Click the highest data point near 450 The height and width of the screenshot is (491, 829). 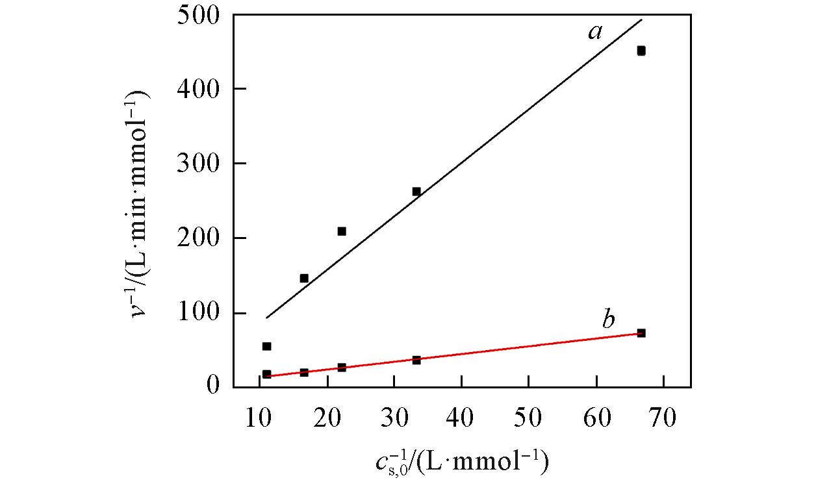click(x=641, y=51)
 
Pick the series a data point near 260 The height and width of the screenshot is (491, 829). click(x=416, y=192)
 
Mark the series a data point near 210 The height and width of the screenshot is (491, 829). click(x=342, y=231)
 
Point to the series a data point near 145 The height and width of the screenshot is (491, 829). click(x=304, y=279)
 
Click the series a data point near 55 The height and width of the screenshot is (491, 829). click(x=266, y=346)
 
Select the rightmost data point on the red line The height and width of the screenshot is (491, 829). click(x=641, y=333)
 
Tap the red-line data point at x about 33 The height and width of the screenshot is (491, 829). click(x=416, y=360)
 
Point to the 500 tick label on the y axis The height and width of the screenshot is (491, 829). click(x=198, y=14)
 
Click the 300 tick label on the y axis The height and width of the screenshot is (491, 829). click(x=198, y=164)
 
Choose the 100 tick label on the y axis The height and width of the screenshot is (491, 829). click(x=198, y=313)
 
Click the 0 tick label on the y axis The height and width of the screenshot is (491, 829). click(x=213, y=386)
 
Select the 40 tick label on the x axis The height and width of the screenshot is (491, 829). click(x=461, y=418)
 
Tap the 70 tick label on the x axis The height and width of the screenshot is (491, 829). click(x=663, y=418)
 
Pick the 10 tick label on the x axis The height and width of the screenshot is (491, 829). click(x=259, y=418)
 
